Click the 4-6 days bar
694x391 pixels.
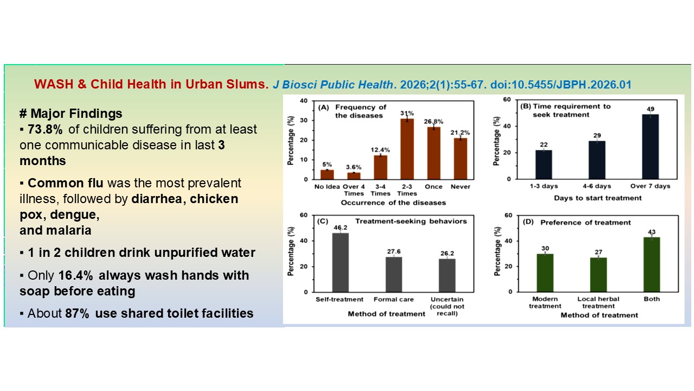coord(596,160)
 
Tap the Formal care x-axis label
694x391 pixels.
coord(394,300)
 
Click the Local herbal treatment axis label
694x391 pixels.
coord(598,302)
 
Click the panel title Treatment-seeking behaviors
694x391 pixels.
coord(410,220)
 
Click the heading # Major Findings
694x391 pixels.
coord(70,114)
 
